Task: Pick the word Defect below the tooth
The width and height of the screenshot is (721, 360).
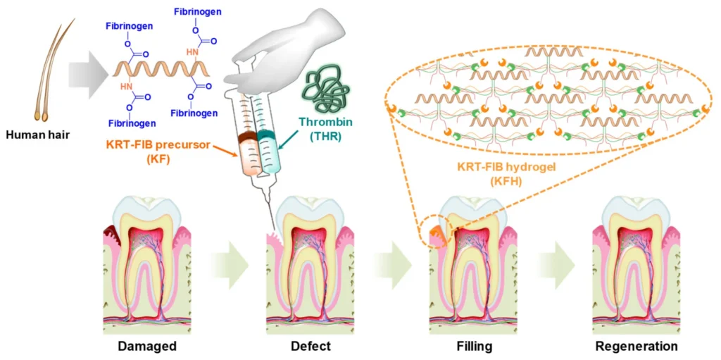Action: coord(311,346)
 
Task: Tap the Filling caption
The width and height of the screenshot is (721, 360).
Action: coord(473,346)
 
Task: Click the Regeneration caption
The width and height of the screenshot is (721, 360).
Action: coord(636,346)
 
